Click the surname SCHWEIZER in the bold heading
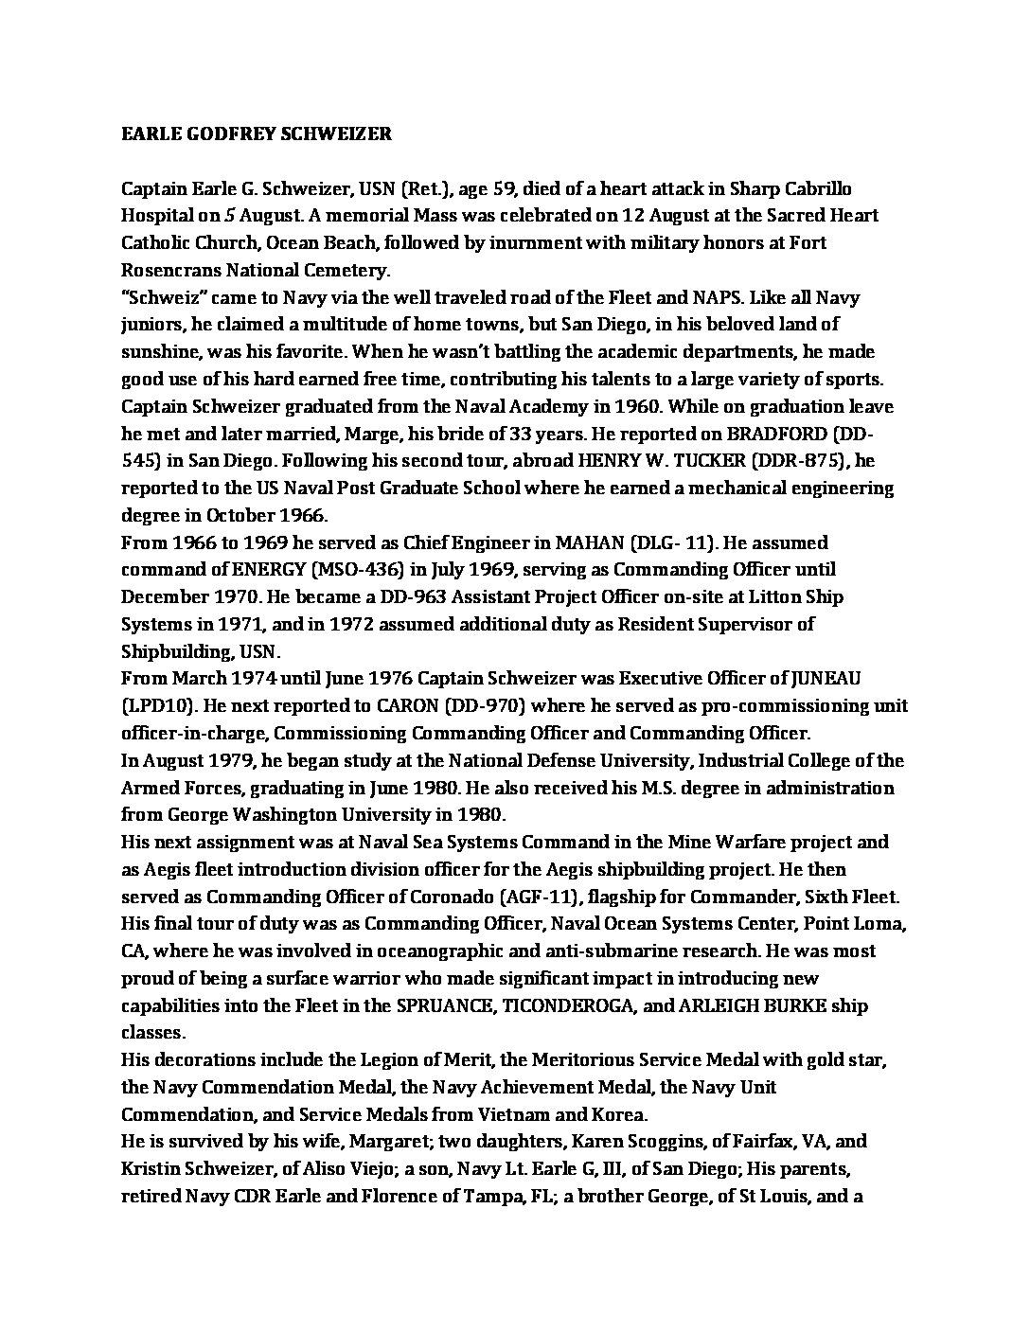point(337,133)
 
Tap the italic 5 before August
point(229,216)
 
